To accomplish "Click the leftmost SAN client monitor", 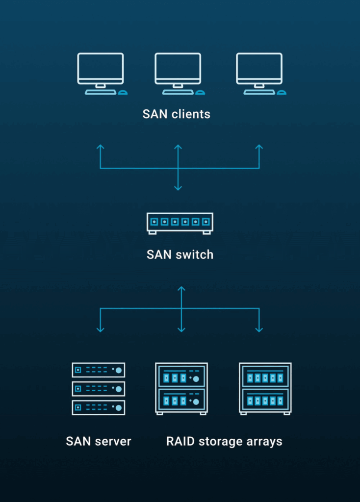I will tap(100, 69).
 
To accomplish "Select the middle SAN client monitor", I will tap(178, 69).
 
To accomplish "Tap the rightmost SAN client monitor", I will tap(259, 69).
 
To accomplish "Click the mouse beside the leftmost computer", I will tap(123, 92).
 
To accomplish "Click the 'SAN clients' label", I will tap(177, 114).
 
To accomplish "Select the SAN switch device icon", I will tap(180, 223).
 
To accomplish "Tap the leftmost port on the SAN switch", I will tap(154, 222).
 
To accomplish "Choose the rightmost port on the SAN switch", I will tap(206, 222).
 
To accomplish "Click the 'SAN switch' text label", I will tap(180, 255).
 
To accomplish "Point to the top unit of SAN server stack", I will tap(99, 370).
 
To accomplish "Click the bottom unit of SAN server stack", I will tap(99, 407).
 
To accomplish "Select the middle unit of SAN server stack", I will tap(99, 389).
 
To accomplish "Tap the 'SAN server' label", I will tap(99, 441).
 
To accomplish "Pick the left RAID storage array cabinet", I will tap(181, 388).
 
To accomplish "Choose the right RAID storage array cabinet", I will tap(265, 388).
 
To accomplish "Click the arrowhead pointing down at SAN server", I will tap(101, 329).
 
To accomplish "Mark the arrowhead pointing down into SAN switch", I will tap(178, 188).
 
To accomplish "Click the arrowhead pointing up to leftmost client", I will tap(100, 147).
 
